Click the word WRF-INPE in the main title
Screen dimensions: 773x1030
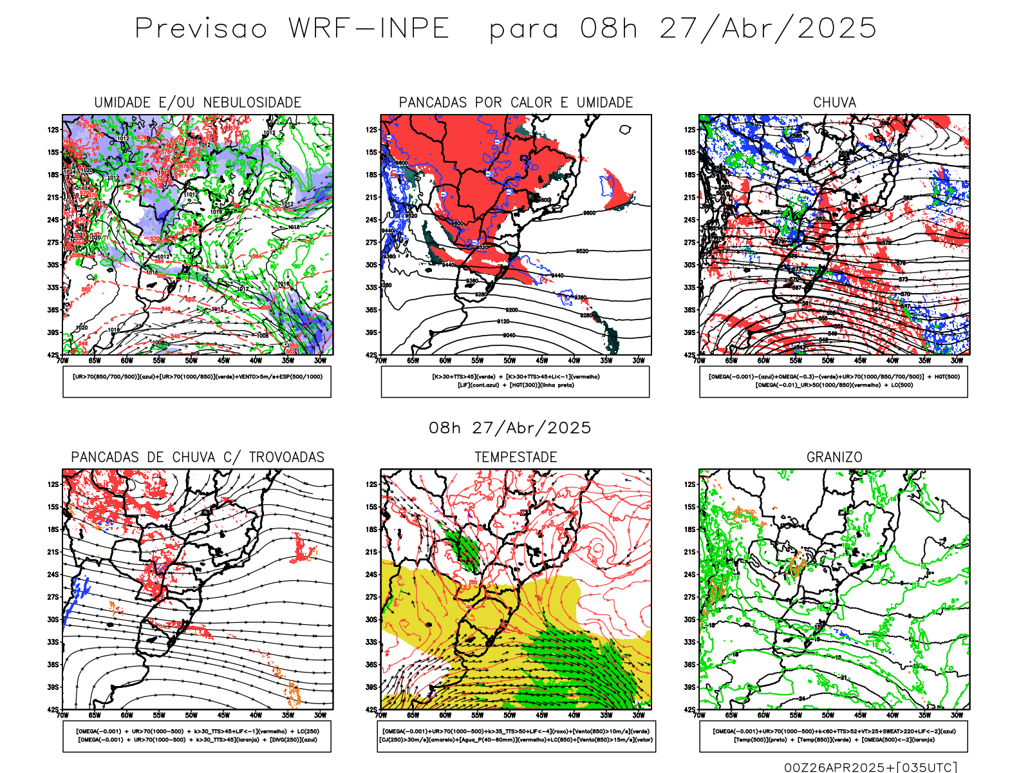coord(368,29)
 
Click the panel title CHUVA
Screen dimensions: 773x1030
coord(834,102)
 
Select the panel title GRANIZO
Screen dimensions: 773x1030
coord(834,457)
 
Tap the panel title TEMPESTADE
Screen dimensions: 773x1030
coord(516,457)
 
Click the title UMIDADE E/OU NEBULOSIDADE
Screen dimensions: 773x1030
coord(198,102)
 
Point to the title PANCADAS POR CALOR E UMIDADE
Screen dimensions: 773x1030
coord(516,102)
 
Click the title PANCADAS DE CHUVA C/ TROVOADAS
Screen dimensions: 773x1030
coord(198,457)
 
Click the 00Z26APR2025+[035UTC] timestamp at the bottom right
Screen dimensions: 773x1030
coord(870,767)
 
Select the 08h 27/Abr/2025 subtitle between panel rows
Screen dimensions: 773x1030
coord(510,428)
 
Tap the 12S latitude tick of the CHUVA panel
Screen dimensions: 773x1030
coord(690,130)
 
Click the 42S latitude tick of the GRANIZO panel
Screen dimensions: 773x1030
coord(690,710)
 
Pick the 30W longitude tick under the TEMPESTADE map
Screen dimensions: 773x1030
coord(639,715)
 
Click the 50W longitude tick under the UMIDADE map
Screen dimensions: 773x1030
coord(191,361)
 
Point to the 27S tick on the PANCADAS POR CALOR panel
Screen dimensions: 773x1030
coord(371,243)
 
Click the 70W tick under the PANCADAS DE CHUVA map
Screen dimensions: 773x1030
coord(62,715)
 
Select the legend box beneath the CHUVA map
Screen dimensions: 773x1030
coord(834,381)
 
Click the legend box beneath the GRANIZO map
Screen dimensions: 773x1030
coord(834,736)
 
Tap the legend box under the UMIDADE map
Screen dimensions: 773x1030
coord(197,381)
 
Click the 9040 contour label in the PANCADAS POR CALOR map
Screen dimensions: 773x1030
coord(509,335)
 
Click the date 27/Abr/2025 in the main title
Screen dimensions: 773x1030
coord(767,29)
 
